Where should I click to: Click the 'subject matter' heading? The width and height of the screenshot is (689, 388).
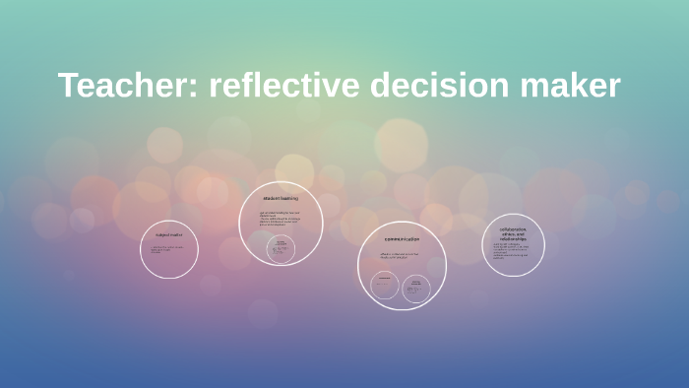[169, 235]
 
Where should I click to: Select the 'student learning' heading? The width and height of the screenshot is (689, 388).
[281, 199]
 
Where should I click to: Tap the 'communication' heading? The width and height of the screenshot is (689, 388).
[402, 239]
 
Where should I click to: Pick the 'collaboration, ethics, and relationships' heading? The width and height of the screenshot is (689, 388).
[513, 234]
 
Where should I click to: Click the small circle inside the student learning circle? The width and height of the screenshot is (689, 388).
[282, 249]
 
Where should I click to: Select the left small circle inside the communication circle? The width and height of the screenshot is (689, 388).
[385, 286]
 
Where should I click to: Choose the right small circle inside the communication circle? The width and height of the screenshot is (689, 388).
[416, 288]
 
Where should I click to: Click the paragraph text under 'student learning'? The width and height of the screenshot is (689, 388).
[280, 219]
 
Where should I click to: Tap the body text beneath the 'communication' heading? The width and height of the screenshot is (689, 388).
[400, 256]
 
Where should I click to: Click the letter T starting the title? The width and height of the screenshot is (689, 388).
[68, 86]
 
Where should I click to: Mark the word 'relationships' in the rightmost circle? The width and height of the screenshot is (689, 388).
[513, 239]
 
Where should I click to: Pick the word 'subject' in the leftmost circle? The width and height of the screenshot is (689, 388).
[162, 235]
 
